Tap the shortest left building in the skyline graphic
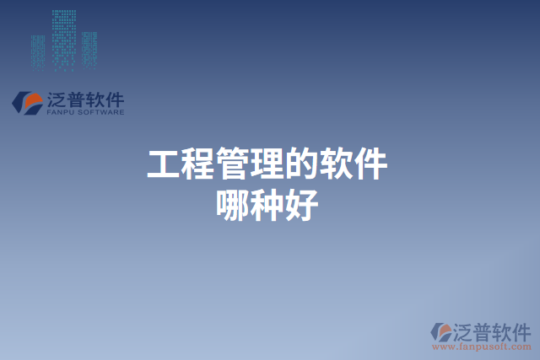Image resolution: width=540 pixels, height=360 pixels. coord(38,51)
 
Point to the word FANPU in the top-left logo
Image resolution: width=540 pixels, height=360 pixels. coord(62,111)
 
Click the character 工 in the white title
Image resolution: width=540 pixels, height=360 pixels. coord(164,164)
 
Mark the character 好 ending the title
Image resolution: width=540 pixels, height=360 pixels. coord(302,205)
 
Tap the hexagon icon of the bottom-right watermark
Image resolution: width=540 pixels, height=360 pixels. coord(440,332)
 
